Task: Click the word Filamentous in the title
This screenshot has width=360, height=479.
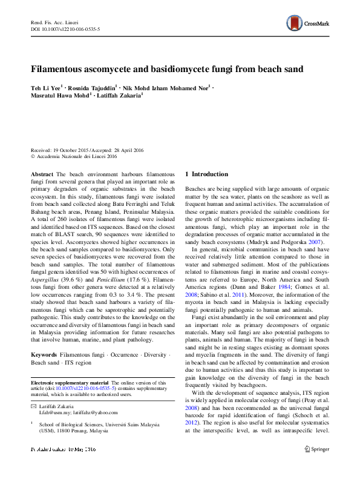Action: point(61,70)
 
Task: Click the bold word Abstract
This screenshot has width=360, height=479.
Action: point(42,174)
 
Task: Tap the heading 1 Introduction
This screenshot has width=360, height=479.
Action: point(206,174)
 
